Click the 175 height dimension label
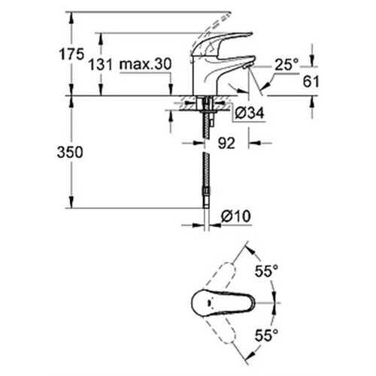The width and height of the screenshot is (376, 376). [71, 54]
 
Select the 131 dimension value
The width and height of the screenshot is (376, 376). [101, 65]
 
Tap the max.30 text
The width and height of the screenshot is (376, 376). [146, 64]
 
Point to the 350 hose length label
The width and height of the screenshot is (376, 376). [70, 152]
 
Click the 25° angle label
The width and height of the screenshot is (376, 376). [287, 65]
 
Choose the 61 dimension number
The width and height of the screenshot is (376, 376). [311, 81]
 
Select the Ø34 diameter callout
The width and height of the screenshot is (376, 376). [250, 113]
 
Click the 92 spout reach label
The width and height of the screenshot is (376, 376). [226, 143]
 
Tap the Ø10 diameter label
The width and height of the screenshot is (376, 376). [236, 216]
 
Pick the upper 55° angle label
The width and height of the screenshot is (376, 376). [266, 271]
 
